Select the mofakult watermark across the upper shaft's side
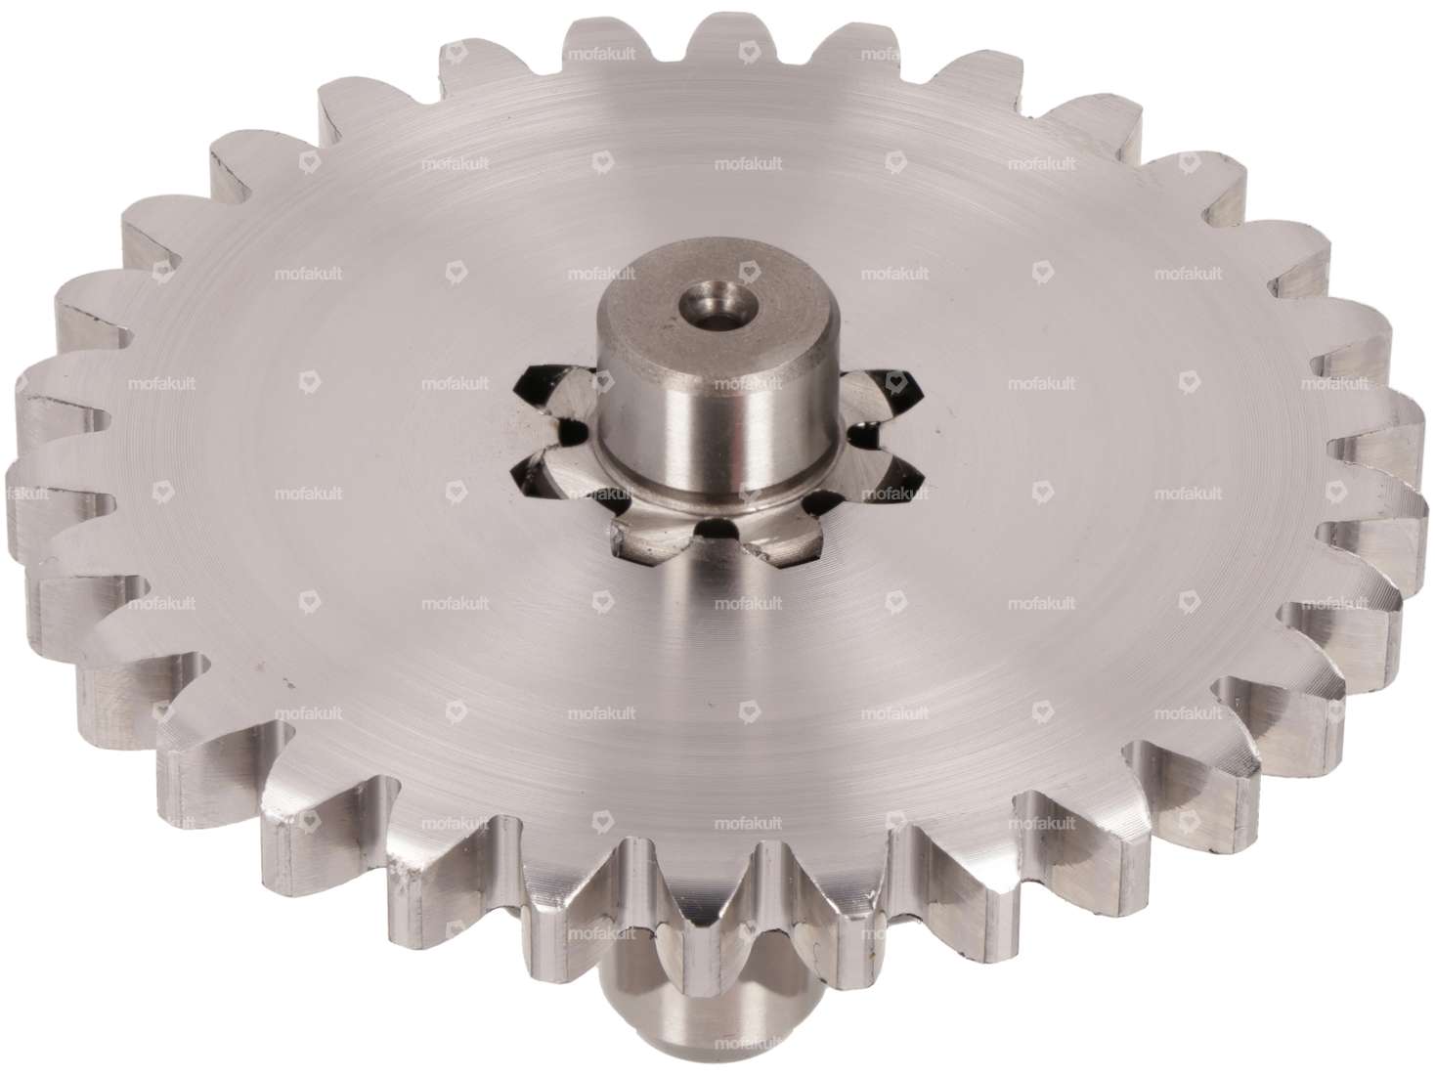718,383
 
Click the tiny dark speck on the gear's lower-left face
260,667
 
